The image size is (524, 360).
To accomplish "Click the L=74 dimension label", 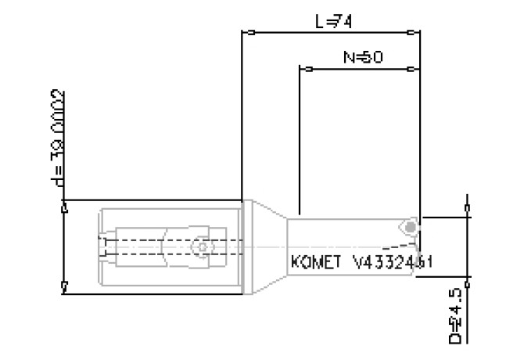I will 333,22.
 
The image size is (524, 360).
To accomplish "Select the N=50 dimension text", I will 362,58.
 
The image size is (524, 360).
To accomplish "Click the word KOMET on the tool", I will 316,261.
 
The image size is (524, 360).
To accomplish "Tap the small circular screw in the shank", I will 203,247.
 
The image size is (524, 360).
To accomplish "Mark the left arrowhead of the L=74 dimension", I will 250,33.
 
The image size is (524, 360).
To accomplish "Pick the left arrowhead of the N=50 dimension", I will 308,69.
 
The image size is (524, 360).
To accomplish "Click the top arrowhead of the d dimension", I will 64,207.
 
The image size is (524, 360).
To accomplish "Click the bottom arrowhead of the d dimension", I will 64,286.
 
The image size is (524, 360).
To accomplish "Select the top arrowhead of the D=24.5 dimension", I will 468,209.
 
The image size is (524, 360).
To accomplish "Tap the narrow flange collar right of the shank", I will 248,247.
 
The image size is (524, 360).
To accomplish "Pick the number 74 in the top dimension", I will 343,22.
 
